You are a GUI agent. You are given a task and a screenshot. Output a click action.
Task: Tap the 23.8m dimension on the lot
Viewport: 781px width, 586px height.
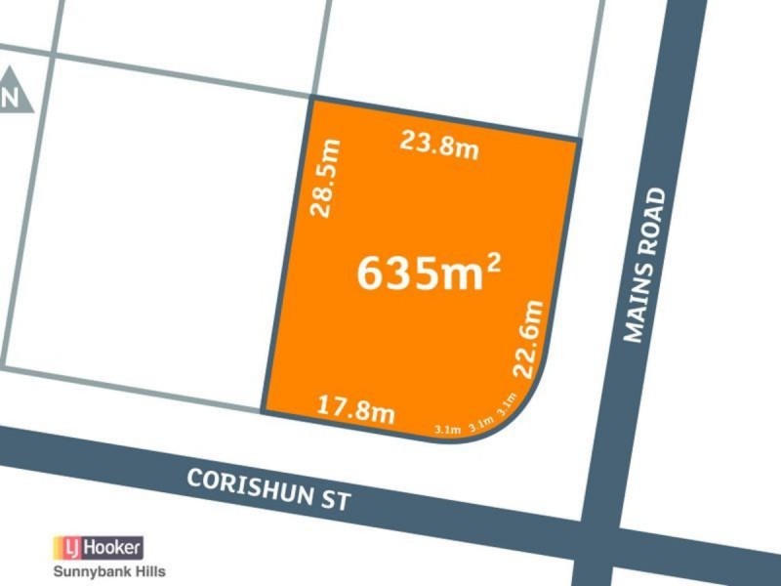439,146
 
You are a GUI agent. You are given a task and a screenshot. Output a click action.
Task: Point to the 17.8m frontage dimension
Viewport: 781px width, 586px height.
357,409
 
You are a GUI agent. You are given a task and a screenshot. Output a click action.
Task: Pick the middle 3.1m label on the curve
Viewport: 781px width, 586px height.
479,425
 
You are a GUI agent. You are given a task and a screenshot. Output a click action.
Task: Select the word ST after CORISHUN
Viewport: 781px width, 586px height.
334,502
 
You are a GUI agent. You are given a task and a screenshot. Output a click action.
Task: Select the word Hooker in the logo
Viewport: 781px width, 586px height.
115,547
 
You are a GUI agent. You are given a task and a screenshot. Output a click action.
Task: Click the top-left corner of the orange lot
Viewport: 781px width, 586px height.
311,99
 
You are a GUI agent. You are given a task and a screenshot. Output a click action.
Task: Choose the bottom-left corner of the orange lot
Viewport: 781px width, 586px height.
264,411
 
